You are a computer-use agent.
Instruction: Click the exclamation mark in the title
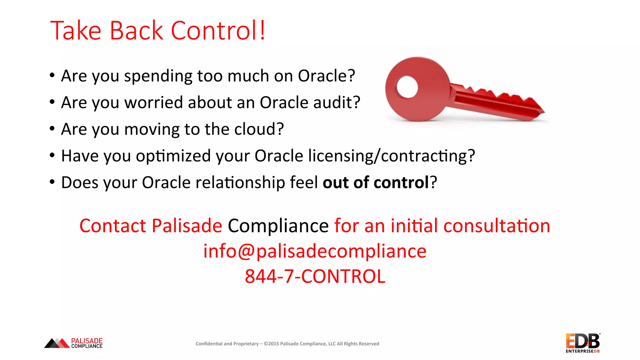point(262,30)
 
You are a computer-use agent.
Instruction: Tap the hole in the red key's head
point(407,87)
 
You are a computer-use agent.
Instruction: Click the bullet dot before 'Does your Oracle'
point(52,182)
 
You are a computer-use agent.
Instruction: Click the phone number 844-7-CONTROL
point(315,276)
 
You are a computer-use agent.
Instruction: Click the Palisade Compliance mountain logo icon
point(57,343)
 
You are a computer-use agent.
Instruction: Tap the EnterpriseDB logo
point(582,343)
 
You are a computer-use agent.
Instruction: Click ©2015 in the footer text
point(271,344)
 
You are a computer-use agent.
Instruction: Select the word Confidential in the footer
point(209,344)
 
